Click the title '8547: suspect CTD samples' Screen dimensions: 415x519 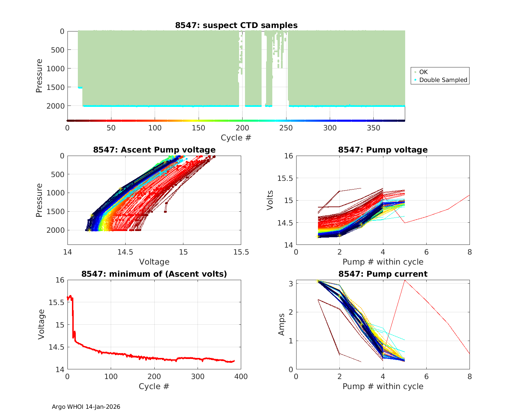coord(236,25)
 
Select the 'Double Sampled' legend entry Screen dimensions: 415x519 coord(443,80)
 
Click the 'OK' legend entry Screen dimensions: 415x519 coord(423,72)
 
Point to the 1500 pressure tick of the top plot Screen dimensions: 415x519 coord(55,87)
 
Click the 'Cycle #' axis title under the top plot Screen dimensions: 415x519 coord(236,138)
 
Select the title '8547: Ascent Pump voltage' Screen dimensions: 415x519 coord(154,150)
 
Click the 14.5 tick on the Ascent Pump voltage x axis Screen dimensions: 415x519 coord(125,252)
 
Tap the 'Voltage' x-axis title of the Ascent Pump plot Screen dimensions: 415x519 coord(154,262)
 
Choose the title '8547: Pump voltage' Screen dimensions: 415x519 coord(383,150)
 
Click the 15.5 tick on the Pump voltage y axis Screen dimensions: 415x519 coord(285,178)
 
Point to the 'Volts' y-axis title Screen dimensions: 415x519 coord(270,200)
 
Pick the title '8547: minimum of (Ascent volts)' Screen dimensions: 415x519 coord(154,274)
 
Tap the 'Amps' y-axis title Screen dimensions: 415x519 coord(282,324)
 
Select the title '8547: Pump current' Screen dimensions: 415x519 coord(383,274)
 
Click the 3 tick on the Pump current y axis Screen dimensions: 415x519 coord(290,284)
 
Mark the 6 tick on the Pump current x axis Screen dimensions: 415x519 coord(426,377)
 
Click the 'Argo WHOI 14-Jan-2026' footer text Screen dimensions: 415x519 coord(86,407)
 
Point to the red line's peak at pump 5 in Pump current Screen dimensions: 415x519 coord(404,280)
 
